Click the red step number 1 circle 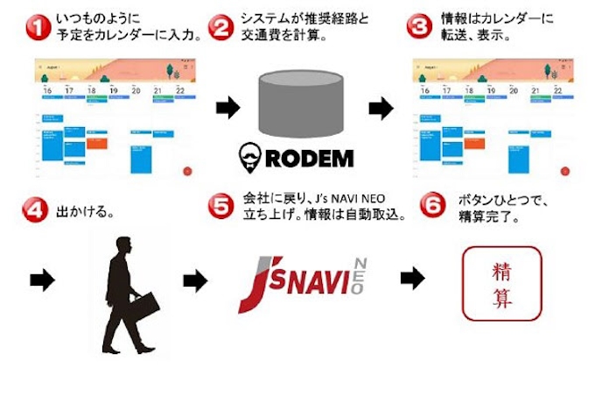[36, 26]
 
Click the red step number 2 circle [222, 26]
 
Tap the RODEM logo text [315, 159]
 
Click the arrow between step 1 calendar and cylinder [227, 108]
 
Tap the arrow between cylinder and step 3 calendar [380, 108]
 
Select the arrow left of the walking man [40, 280]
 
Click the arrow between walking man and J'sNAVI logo [195, 280]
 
